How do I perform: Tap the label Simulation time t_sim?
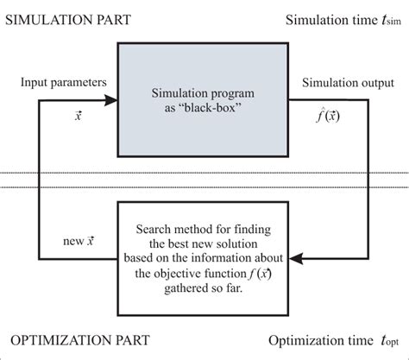coord(337,20)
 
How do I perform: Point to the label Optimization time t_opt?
coord(333,339)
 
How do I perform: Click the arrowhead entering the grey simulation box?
coord(110,101)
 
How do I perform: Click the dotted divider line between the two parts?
coord(204,177)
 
